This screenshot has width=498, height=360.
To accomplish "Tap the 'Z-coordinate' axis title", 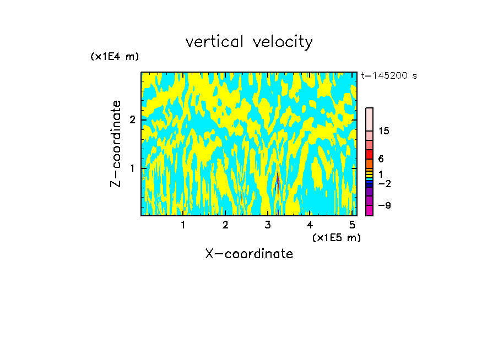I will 116,144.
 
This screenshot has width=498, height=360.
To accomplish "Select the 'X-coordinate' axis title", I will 249,254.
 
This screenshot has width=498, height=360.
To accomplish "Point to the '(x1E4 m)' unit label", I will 115,57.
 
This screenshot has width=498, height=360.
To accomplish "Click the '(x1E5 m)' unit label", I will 336,237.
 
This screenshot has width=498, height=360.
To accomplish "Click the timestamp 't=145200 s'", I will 389,76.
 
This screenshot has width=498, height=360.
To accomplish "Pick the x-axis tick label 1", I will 183,225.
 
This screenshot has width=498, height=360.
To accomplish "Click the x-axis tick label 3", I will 268,225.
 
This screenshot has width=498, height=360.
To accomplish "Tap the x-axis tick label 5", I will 353,225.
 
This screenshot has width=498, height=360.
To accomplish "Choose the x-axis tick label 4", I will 310,225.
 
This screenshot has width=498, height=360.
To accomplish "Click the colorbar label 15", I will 384,131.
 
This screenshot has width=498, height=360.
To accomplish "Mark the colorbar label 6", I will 381,159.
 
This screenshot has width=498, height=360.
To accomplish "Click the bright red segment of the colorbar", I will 369,154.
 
